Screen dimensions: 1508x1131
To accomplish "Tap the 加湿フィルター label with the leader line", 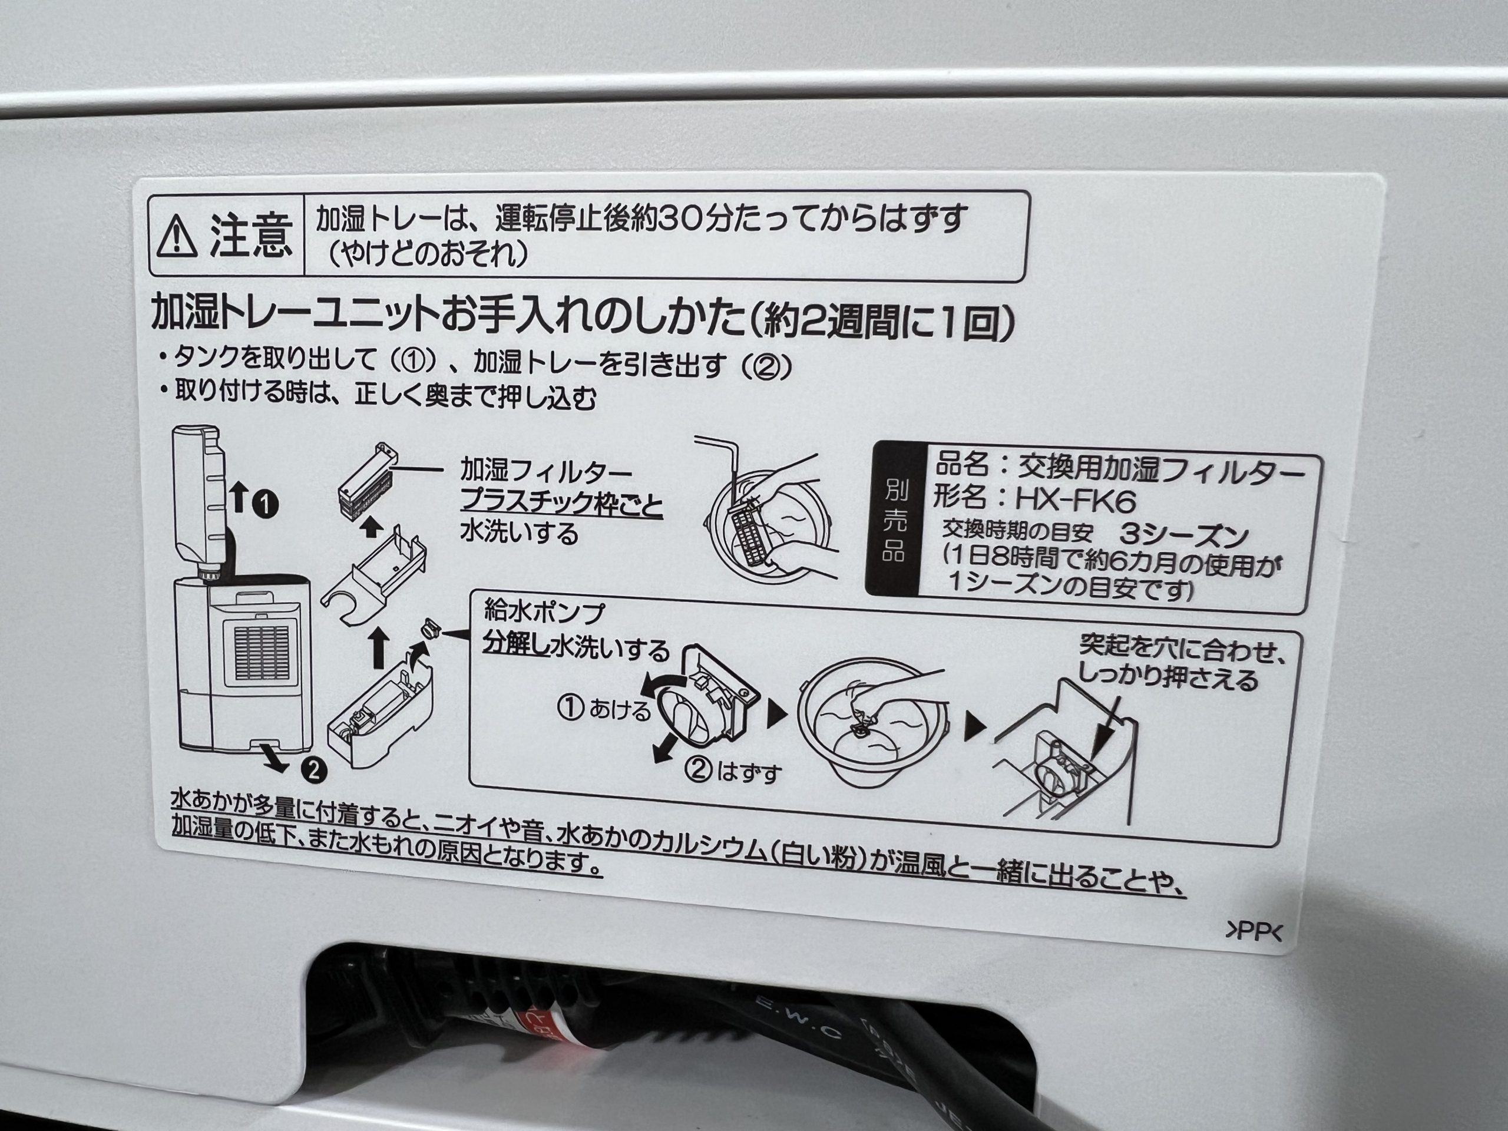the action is [545, 472].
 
